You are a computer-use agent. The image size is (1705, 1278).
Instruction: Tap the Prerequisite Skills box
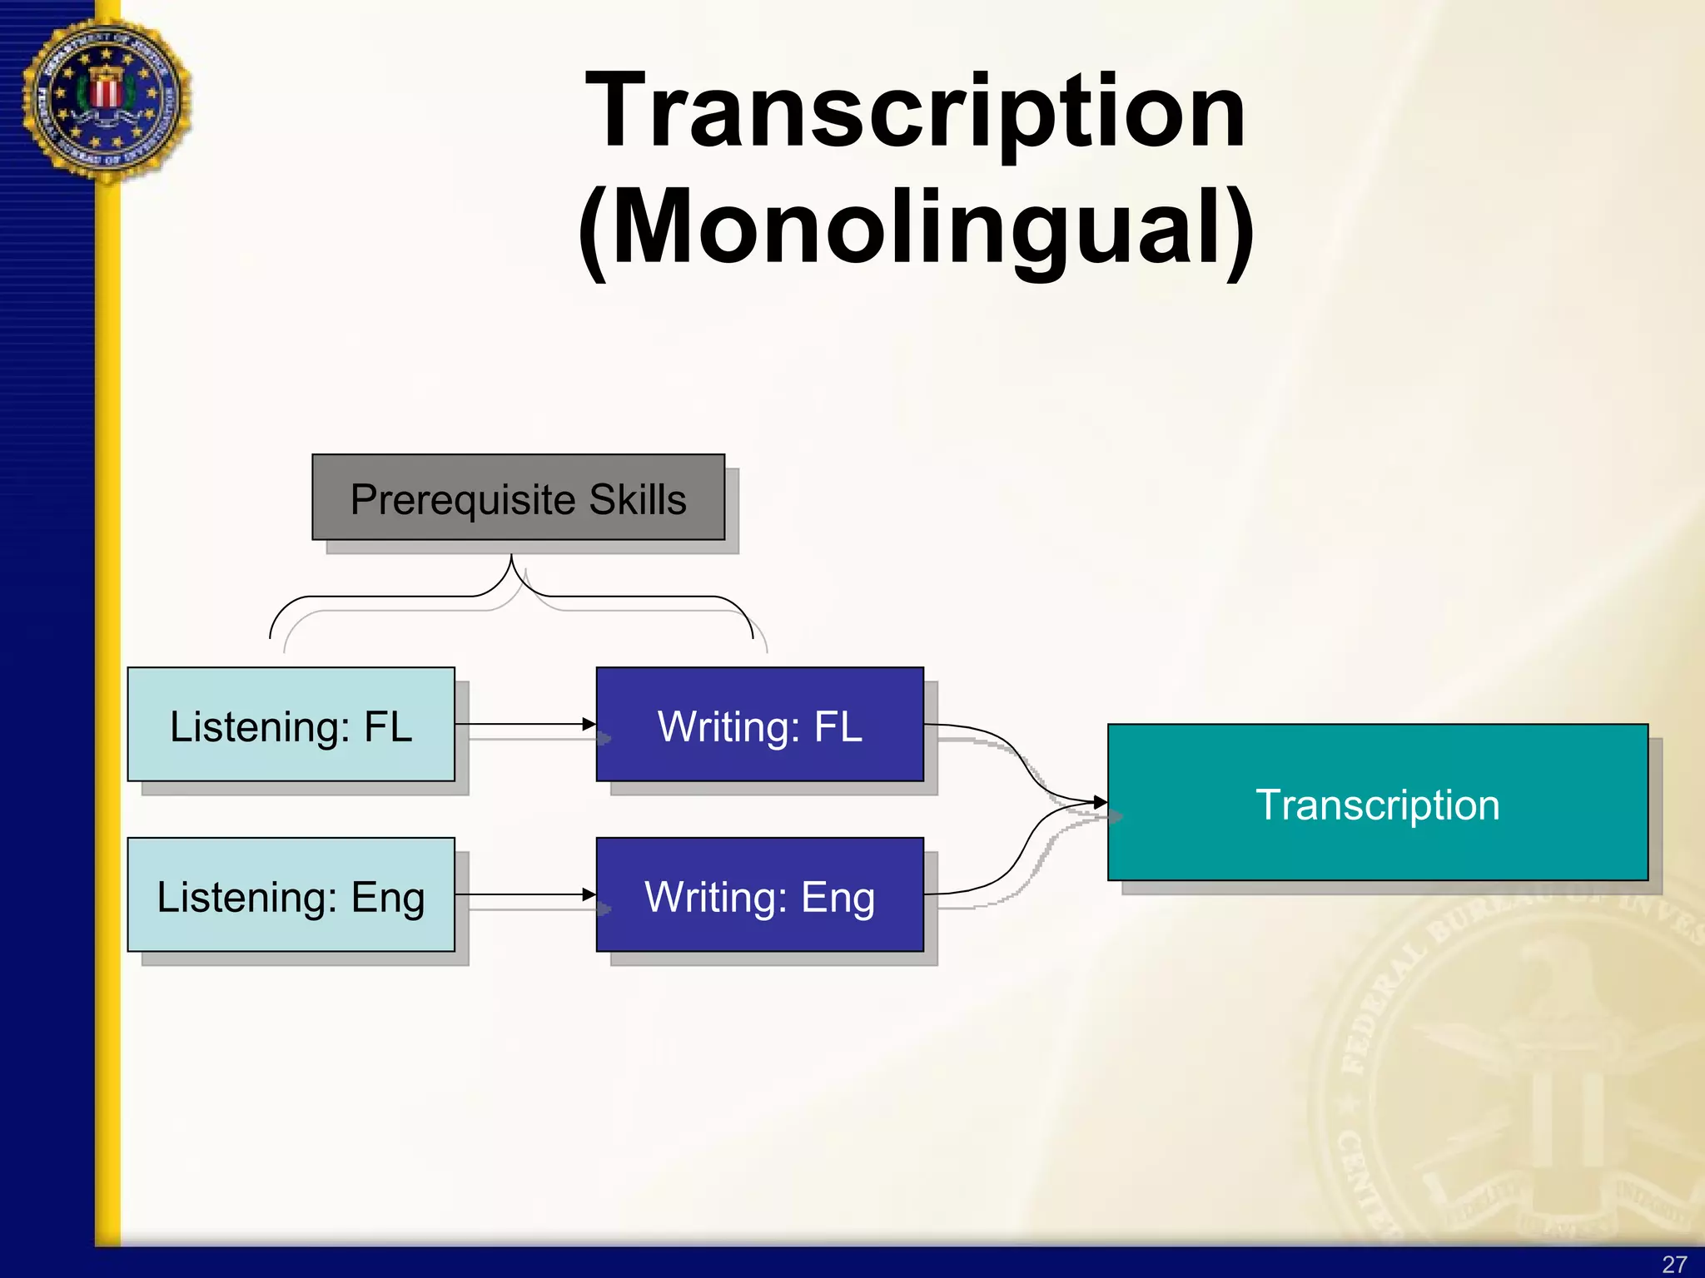tap(518, 498)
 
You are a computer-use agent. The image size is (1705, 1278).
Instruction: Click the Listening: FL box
tap(291, 725)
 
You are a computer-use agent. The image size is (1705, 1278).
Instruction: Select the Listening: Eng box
tap(291, 895)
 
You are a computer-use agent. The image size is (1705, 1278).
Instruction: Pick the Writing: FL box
tap(759, 725)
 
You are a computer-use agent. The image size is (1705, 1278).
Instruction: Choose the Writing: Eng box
tap(759, 895)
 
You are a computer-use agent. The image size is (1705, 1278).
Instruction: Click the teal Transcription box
tap(1377, 803)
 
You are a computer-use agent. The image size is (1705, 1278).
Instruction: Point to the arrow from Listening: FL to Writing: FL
tap(524, 725)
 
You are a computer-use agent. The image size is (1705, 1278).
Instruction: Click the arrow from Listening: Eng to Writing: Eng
tap(524, 895)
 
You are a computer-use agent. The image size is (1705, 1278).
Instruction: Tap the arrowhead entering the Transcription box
tap(1101, 803)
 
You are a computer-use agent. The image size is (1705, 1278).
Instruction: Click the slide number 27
tap(1674, 1264)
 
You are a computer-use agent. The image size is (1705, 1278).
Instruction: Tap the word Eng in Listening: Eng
tap(388, 898)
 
